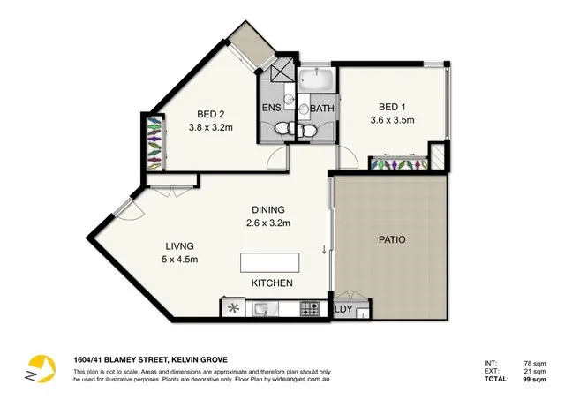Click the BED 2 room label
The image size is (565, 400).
pyautogui.click(x=210, y=114)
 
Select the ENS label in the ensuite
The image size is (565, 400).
pyautogui.click(x=272, y=109)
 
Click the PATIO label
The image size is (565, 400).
pyautogui.click(x=391, y=238)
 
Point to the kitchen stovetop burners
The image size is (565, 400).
pyautogui.click(x=310, y=309)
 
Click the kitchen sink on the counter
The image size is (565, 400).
pyautogui.click(x=264, y=309)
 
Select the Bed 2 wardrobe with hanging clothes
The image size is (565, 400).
pyautogui.click(x=155, y=140)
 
